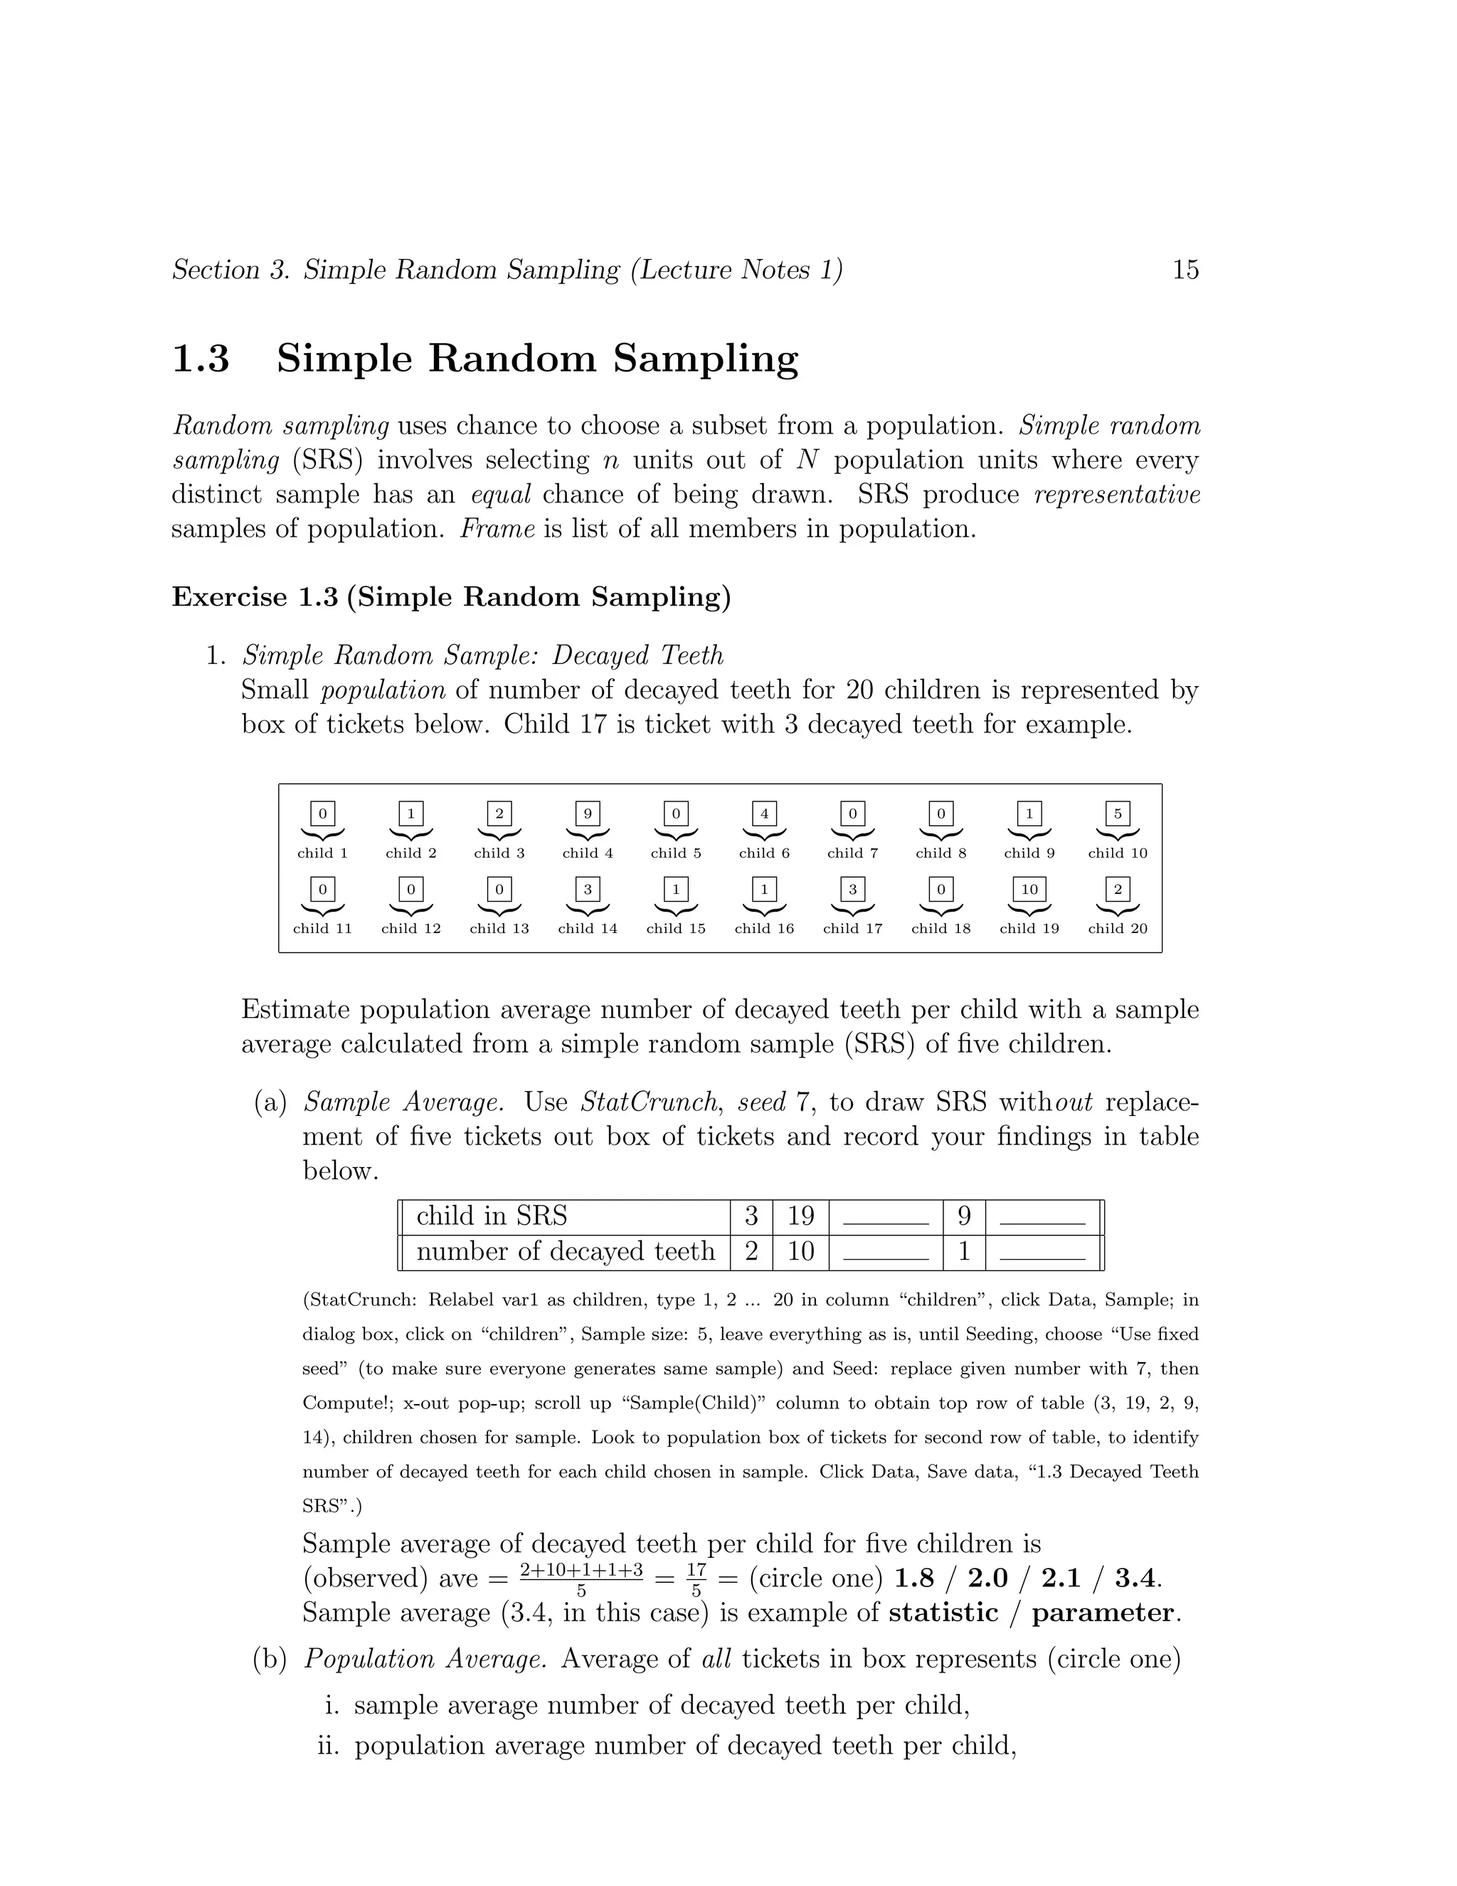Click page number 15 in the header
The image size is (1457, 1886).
tap(1185, 270)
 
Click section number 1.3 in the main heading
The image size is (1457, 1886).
tap(201, 359)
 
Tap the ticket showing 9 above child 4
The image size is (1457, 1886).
tap(587, 813)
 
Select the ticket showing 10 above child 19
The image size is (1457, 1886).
tap(1029, 890)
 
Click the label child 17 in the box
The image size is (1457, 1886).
tap(852, 929)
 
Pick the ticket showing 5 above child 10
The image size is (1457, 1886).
tap(1117, 813)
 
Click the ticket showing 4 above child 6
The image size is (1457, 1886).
tap(764, 813)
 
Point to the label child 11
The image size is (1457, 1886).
tap(322, 929)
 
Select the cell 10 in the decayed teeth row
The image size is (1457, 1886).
tap(800, 1251)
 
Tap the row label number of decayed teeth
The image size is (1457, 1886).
tap(566, 1251)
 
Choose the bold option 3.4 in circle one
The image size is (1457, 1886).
tap(1134, 1579)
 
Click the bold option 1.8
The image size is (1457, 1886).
tap(914, 1579)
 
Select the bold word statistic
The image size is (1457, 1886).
tap(943, 1613)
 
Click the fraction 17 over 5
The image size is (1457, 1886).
tap(696, 1579)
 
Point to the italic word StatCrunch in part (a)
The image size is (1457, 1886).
tap(647, 1102)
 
